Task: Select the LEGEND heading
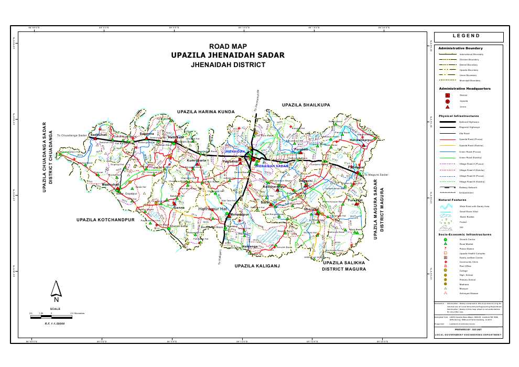[466, 36]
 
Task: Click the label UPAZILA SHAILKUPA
[306, 105]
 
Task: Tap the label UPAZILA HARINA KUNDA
[205, 112]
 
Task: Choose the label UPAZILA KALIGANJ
[257, 266]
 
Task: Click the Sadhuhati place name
[99, 135]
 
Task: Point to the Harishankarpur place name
[361, 141]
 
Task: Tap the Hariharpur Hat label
[215, 209]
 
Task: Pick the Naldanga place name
[250, 246]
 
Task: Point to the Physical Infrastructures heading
[459, 116]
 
